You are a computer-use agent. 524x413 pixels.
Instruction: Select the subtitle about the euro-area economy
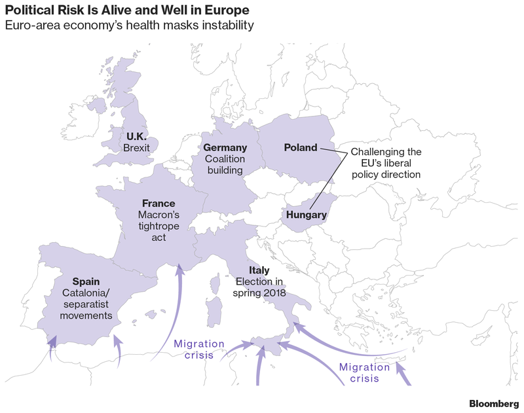pyautogui.click(x=129, y=26)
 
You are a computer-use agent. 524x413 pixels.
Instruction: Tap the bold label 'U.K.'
pyautogui.click(x=136, y=136)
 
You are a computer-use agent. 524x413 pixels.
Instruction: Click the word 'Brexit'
pyautogui.click(x=136, y=148)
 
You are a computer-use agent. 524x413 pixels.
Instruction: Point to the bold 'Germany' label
pyautogui.click(x=225, y=147)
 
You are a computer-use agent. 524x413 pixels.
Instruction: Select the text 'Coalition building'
pyautogui.click(x=225, y=164)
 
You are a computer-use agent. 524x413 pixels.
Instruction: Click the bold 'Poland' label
pyautogui.click(x=300, y=147)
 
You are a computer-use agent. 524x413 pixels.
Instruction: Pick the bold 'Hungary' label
pyautogui.click(x=306, y=215)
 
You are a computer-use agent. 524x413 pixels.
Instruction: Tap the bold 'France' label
pyautogui.click(x=158, y=203)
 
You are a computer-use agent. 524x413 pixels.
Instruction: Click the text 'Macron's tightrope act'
pyautogui.click(x=158, y=226)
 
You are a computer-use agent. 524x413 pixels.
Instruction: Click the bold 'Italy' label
pyautogui.click(x=259, y=270)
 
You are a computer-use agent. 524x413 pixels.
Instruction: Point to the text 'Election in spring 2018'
pyautogui.click(x=259, y=287)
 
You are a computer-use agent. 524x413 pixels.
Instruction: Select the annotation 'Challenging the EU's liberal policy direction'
pyautogui.click(x=385, y=163)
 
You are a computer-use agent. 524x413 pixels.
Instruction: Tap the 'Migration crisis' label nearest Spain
pyautogui.click(x=198, y=350)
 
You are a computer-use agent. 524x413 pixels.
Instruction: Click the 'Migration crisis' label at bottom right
pyautogui.click(x=364, y=373)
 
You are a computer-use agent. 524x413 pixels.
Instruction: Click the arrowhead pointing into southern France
pyautogui.click(x=179, y=270)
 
